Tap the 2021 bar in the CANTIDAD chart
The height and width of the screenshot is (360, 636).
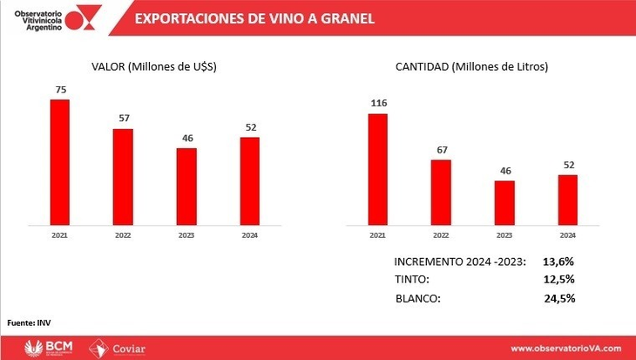tap(377, 166)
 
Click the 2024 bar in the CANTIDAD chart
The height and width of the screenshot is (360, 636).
tap(567, 198)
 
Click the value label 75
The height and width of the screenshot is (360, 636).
tap(60, 89)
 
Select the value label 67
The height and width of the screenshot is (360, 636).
tap(441, 150)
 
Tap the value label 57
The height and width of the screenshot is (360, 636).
tap(123, 119)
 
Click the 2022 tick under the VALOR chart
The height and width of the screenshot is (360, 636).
tap(123, 234)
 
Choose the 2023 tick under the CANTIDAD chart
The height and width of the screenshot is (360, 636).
tap(504, 234)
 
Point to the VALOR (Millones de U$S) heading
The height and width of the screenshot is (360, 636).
tap(155, 66)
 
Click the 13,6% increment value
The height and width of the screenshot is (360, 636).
tap(558, 262)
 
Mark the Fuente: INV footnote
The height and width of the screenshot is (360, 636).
tap(24, 322)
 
